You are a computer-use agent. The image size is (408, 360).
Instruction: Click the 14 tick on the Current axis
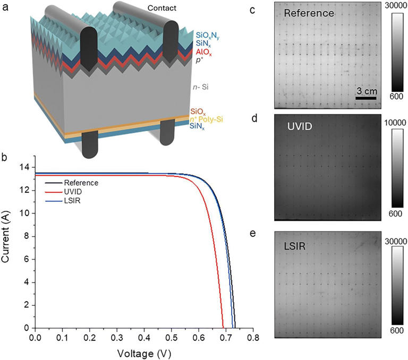[24, 167]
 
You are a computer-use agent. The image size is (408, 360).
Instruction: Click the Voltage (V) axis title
[143, 352]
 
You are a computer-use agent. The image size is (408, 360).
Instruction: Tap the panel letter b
[4, 157]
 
